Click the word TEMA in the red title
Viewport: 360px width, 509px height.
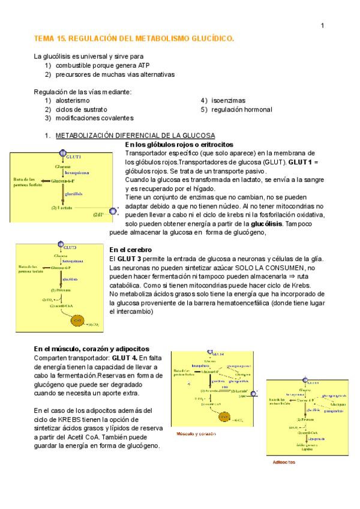44,38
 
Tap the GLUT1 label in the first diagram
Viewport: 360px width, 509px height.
74,157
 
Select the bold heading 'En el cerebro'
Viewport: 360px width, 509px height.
130,250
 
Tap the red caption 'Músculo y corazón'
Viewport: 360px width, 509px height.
196,433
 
